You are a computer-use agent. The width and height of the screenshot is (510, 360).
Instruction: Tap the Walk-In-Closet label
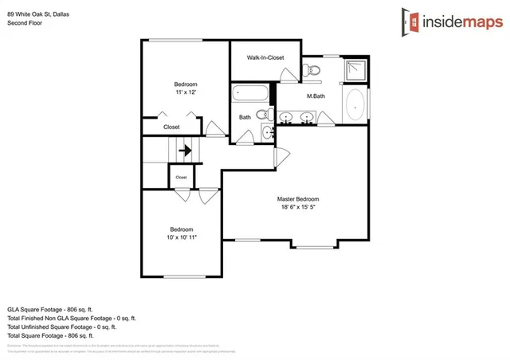(x=265, y=58)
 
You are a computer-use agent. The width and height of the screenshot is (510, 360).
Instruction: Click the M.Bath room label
(x=316, y=96)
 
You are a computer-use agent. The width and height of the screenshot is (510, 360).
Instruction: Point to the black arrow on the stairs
(x=186, y=149)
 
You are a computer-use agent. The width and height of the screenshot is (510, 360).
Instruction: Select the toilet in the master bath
(x=313, y=72)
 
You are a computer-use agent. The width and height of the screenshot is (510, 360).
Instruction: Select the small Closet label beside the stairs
(x=181, y=177)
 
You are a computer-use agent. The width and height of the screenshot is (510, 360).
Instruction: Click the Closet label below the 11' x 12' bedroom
(x=171, y=127)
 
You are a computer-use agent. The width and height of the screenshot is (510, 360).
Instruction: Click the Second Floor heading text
(x=25, y=23)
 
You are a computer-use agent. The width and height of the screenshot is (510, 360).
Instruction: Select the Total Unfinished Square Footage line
(x=61, y=327)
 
